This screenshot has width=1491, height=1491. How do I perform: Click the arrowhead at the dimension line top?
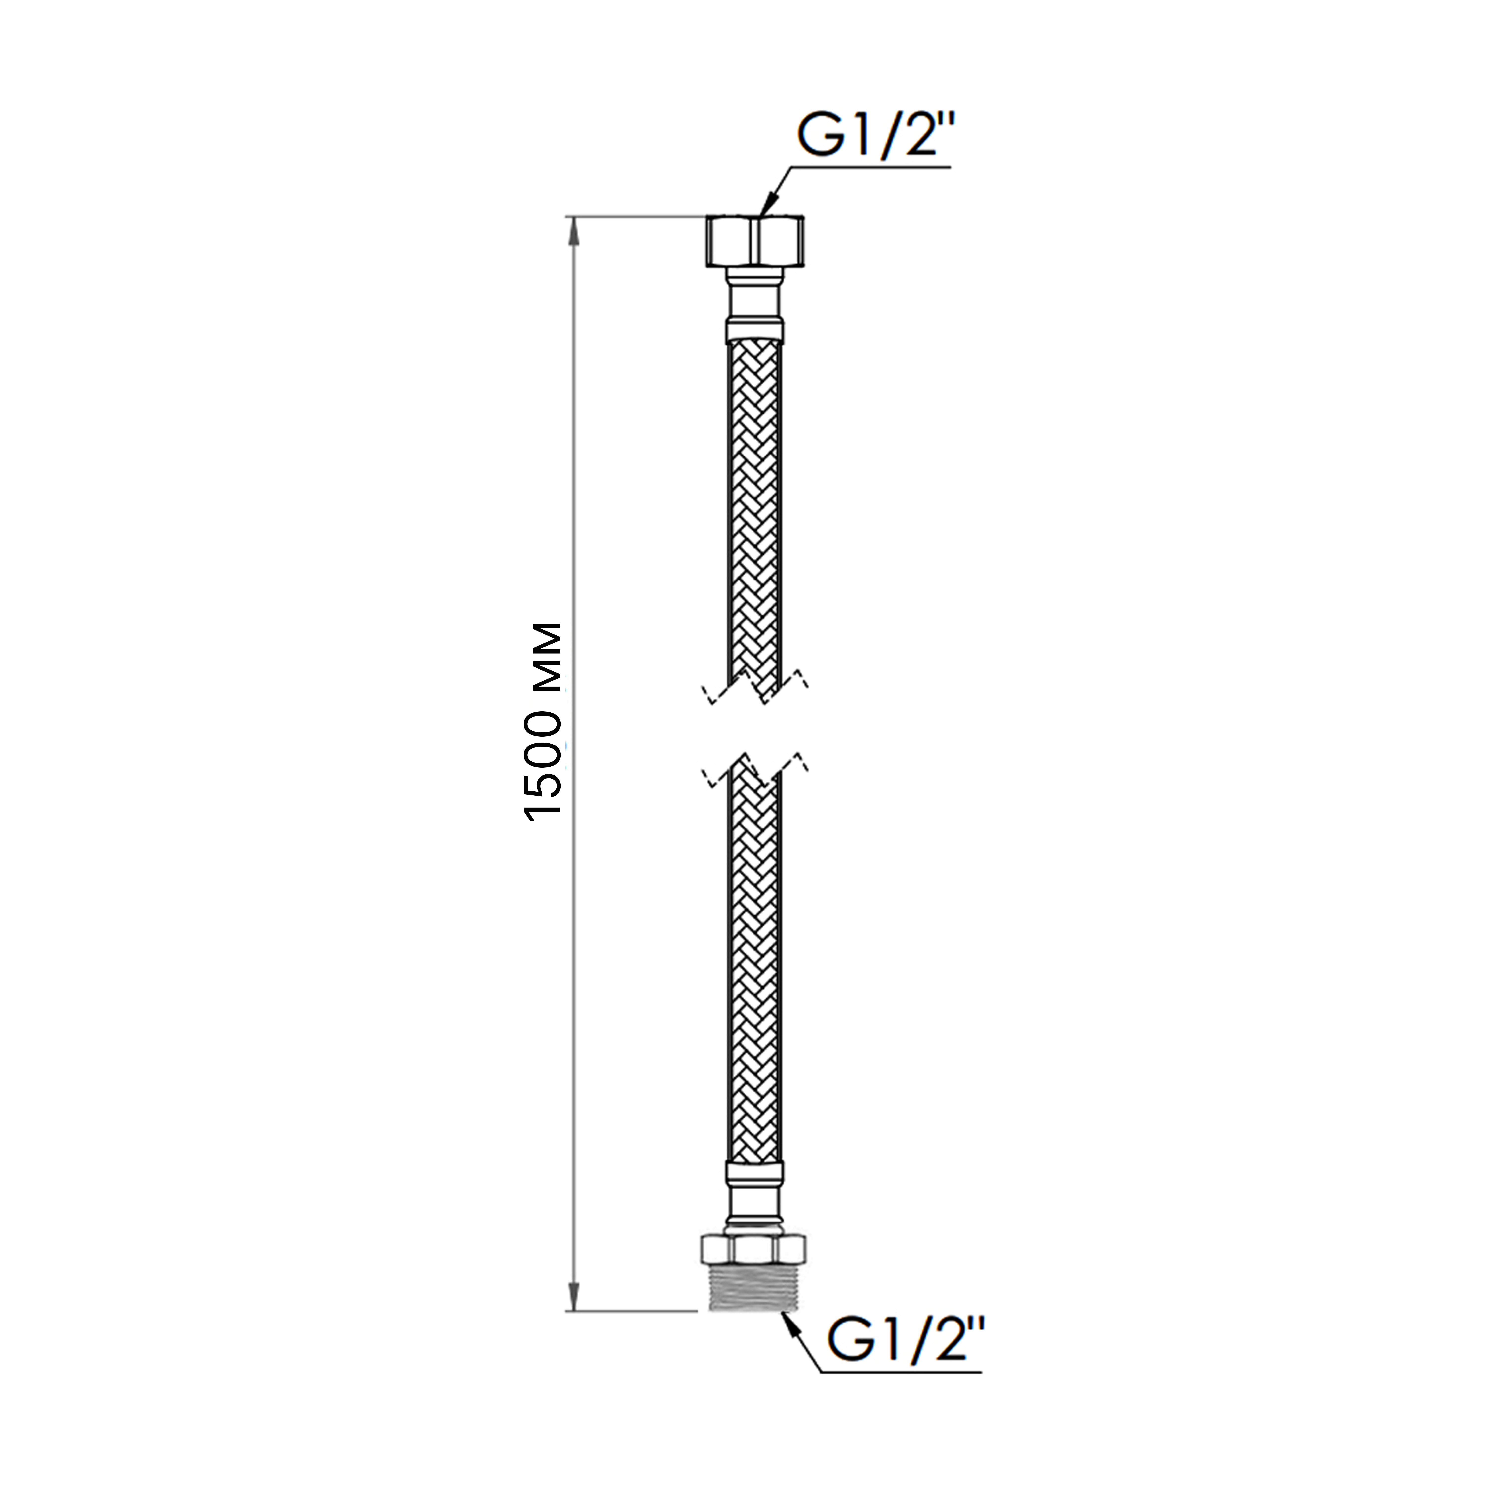click(x=573, y=232)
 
